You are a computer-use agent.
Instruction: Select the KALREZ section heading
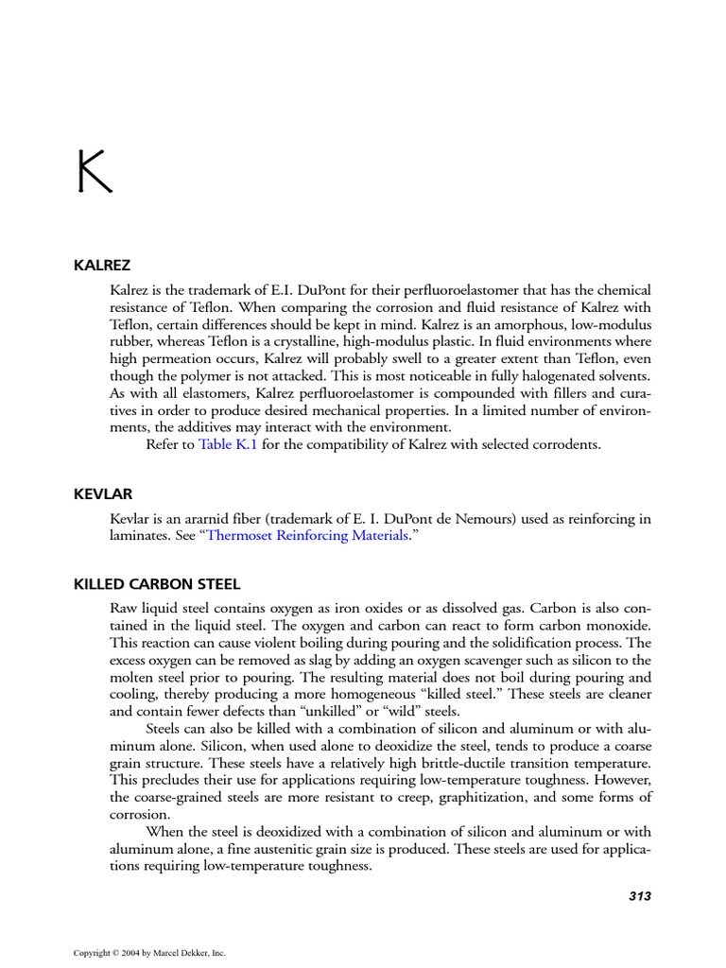102,266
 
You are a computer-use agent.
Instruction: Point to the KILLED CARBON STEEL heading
157,584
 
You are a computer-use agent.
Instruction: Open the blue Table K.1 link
228,444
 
